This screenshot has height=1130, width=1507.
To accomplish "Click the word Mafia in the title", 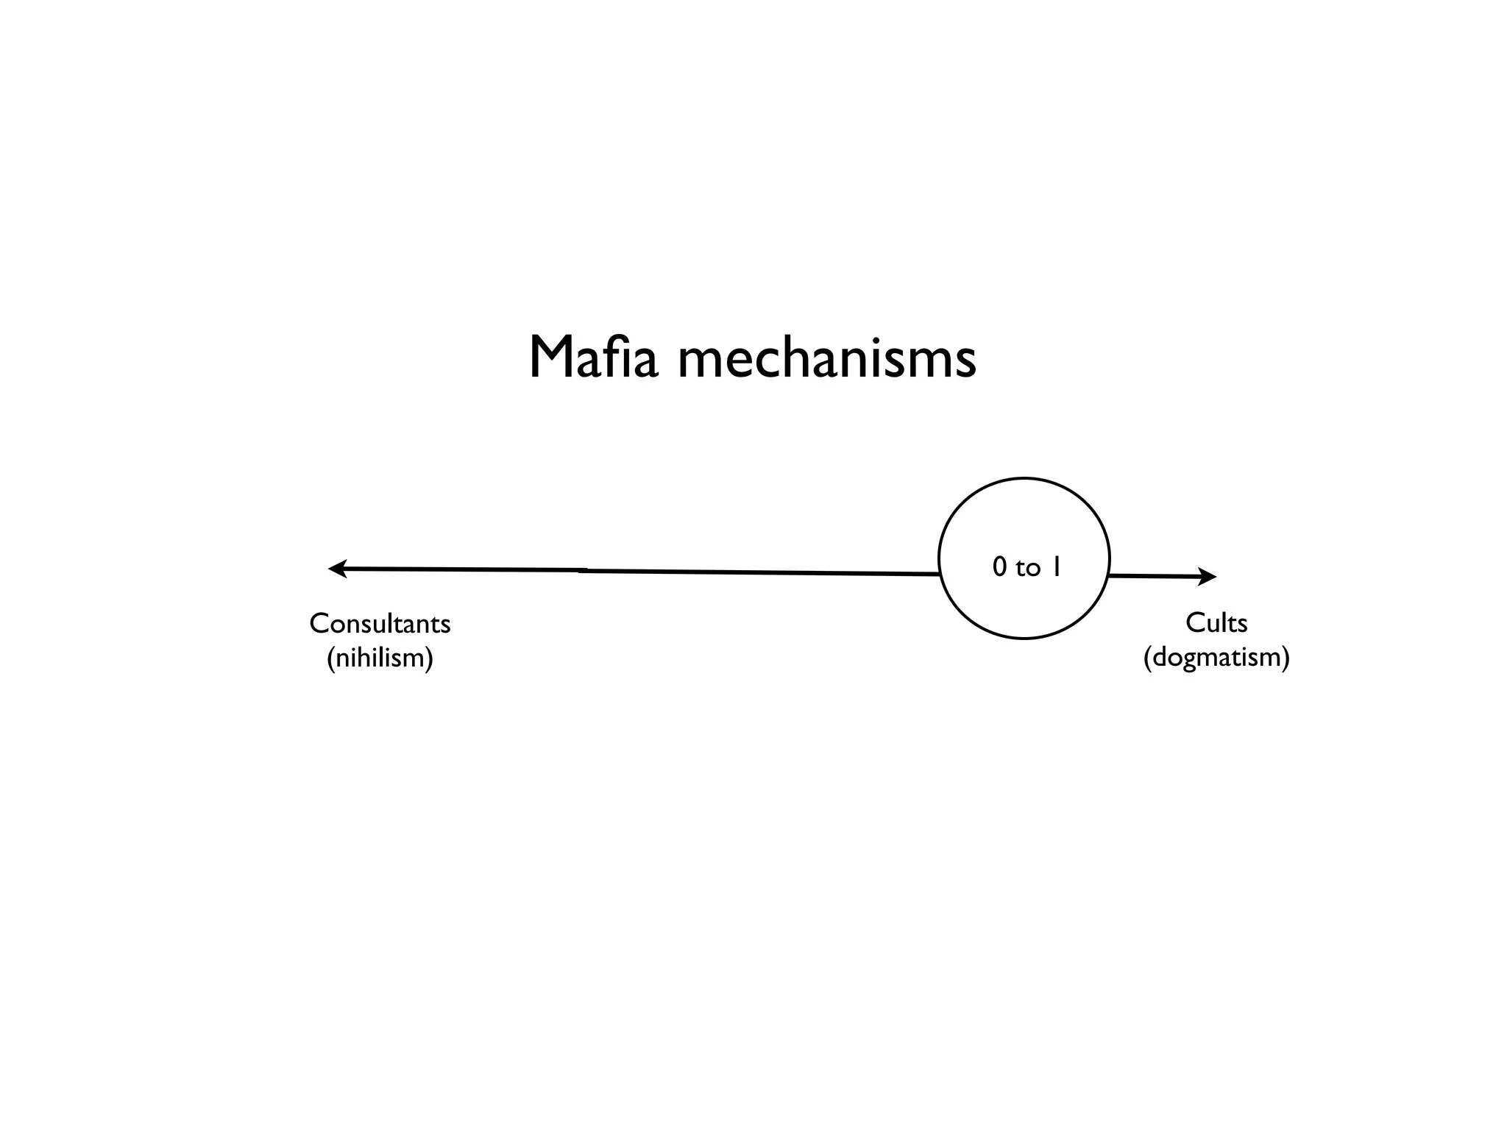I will [x=593, y=358].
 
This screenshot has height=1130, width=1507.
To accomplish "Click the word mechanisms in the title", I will [x=826, y=358].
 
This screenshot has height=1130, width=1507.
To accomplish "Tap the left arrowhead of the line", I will [x=336, y=569].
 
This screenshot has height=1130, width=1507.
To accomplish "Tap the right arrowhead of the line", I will [x=1208, y=577].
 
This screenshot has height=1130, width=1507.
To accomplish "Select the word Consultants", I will [x=380, y=624].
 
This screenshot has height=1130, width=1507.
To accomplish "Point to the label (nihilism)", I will [x=380, y=657].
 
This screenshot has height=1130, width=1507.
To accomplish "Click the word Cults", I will [x=1216, y=623].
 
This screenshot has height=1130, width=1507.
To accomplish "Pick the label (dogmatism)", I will [x=1216, y=656].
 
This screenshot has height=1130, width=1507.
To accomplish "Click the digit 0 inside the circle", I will [x=999, y=567].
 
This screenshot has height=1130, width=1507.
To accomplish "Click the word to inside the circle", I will [x=1028, y=569].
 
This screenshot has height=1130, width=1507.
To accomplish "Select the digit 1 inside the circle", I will [x=1055, y=567].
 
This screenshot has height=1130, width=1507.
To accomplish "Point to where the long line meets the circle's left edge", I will [x=940, y=573].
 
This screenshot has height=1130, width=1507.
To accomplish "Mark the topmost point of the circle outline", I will [x=1024, y=478].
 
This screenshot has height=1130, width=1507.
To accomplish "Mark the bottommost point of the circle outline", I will [x=1024, y=638].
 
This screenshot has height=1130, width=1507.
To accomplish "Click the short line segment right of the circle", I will [x=1152, y=576].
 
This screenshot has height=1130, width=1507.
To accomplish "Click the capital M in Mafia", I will [x=547, y=358].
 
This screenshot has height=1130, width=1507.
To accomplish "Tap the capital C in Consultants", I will [x=318, y=624].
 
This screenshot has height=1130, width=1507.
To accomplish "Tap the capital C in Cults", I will [x=1194, y=623].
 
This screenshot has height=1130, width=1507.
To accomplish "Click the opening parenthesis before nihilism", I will [x=330, y=658].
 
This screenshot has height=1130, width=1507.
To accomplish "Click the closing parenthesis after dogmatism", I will [x=1286, y=657].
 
